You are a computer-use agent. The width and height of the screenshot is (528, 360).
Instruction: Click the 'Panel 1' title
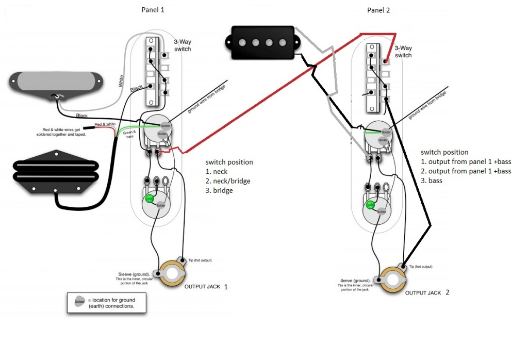coord(154,10)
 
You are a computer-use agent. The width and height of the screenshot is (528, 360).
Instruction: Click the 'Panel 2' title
coord(379,10)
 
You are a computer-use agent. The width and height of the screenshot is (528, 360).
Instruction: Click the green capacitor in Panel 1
coord(150,199)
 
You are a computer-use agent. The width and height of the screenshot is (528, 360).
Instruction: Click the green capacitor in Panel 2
coord(370,205)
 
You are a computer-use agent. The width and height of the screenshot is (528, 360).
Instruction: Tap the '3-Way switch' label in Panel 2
coord(403,52)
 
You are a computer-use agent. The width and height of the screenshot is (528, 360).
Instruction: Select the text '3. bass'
coord(432,181)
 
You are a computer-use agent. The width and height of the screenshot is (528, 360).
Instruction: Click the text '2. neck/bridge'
coord(227,181)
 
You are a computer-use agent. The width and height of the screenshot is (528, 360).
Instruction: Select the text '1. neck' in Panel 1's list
coord(217,171)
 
